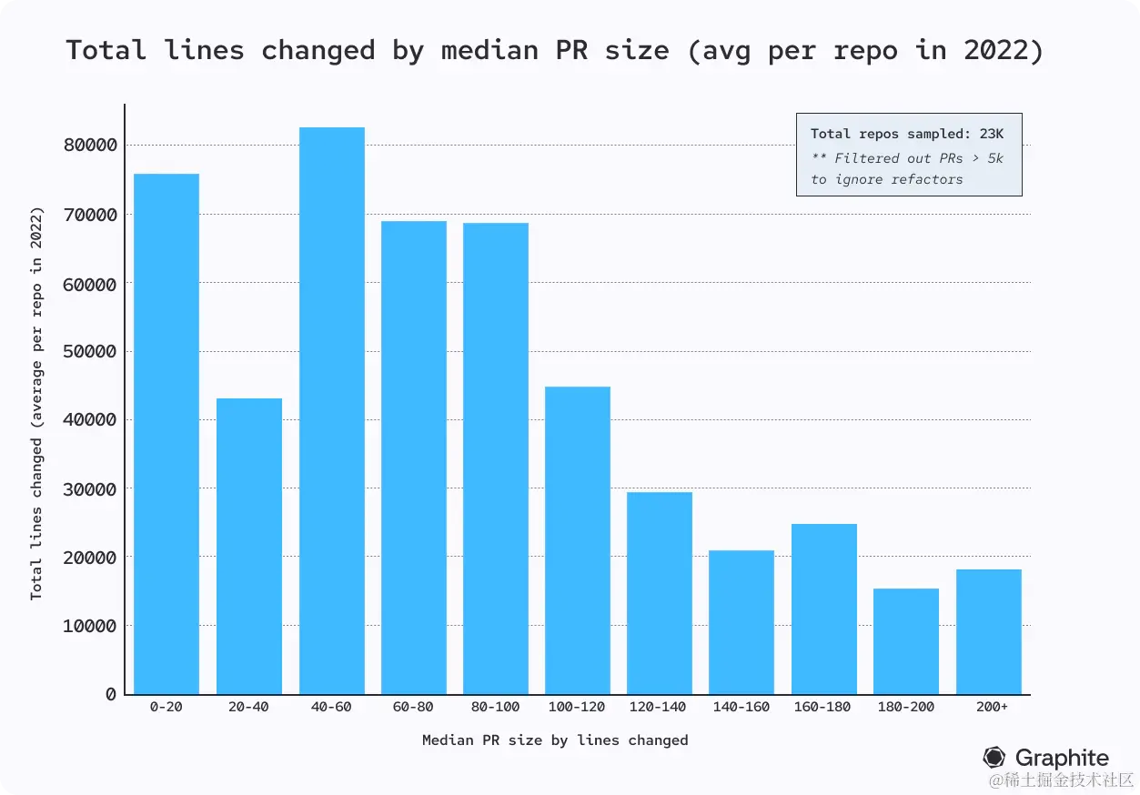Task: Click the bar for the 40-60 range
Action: tap(331, 410)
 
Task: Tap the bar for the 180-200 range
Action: tap(905, 641)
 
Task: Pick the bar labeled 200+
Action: tap(988, 631)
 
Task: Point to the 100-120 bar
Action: tap(577, 540)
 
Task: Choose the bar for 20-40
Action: tap(248, 546)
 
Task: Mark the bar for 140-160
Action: tap(741, 622)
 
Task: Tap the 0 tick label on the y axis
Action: tap(111, 694)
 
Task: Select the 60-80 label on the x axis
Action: tap(413, 707)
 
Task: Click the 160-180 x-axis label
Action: tap(822, 707)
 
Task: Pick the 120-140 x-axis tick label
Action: tap(659, 707)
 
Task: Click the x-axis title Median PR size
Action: tap(555, 740)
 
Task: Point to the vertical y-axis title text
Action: tap(36, 403)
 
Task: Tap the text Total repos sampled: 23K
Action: tap(907, 134)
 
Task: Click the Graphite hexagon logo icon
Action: tap(994, 758)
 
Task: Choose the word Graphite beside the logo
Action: tap(1062, 758)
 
